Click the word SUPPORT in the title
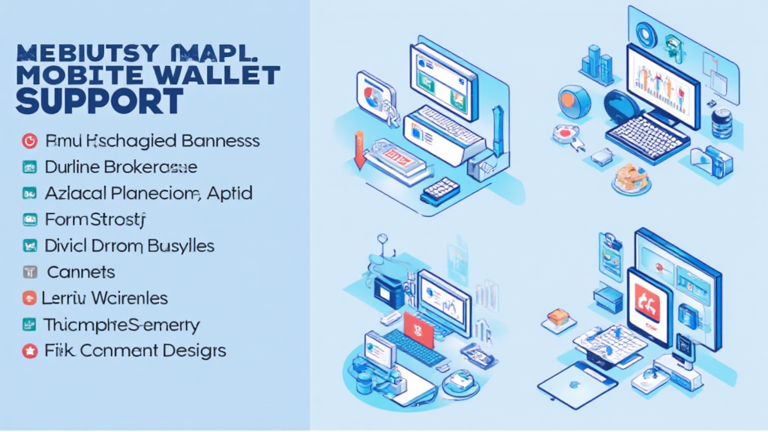[x=99, y=100]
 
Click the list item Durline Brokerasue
[x=121, y=166]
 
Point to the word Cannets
[x=80, y=272]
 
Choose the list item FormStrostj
[x=94, y=220]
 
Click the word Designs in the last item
[x=191, y=350]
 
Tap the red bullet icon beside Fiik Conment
[x=29, y=350]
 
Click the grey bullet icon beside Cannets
[x=29, y=272]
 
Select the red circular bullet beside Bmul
[x=29, y=140]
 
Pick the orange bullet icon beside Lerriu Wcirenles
[x=29, y=298]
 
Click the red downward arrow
[x=358, y=150]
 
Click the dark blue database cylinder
[x=721, y=123]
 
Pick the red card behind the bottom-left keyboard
[x=418, y=328]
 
